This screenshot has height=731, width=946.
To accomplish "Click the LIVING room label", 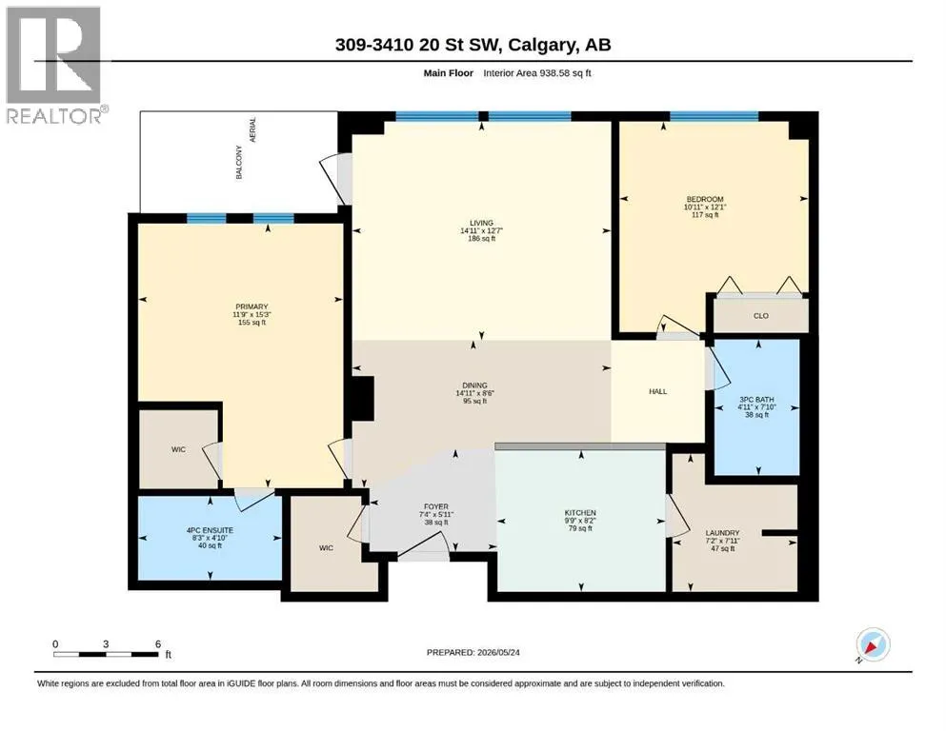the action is coord(481,223).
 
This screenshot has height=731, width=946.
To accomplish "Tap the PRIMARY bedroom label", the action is coord(252,306).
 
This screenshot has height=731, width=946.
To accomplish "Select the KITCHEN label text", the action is coord(580,513).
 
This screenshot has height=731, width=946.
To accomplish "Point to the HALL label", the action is coord(657,392).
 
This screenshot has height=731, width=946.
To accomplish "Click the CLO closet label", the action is coord(761,316).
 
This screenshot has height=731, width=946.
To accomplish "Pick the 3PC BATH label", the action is coord(756,400).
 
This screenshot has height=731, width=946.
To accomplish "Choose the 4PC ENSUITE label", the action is coord(210,530).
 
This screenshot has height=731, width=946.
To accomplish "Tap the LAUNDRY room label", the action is coord(722,533).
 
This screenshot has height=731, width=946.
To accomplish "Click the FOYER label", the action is coord(435,506).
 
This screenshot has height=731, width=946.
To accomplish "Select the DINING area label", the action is coord(474,385).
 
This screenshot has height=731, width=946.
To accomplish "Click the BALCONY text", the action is coord(239,162).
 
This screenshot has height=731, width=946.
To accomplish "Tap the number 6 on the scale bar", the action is coord(158,643).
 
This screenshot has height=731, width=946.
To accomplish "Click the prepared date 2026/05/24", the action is coord(497,652).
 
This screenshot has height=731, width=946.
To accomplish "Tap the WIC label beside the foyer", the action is coord(326,548).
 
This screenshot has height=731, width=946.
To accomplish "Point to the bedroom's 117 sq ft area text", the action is coord(705,214).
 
